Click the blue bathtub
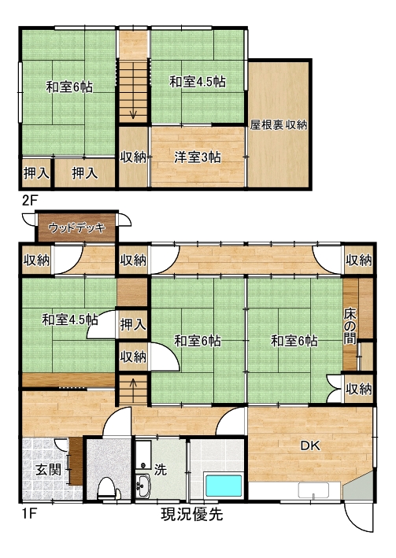click(x=224, y=486)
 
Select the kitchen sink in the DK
click(x=313, y=491)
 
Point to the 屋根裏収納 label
click(x=279, y=124)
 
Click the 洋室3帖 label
click(x=198, y=157)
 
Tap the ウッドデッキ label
click(x=77, y=227)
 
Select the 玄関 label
click(x=49, y=470)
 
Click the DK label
click(x=310, y=445)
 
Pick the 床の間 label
click(x=350, y=327)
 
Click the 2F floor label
click(x=30, y=201)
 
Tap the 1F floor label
click(x=30, y=514)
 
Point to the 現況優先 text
click(x=192, y=514)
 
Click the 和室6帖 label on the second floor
click(x=69, y=87)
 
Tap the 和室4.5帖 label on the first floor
click(x=70, y=320)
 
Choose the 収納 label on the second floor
click(x=133, y=157)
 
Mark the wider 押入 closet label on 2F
click(x=85, y=173)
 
